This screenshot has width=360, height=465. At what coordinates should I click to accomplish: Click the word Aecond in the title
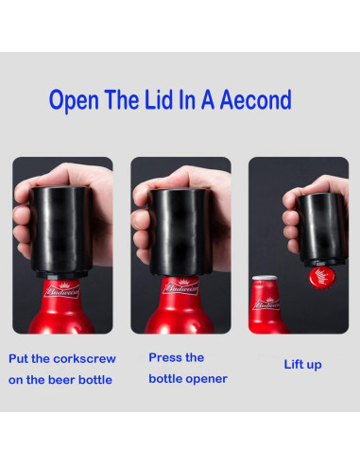(255, 99)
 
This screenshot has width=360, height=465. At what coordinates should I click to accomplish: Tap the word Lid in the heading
(159, 99)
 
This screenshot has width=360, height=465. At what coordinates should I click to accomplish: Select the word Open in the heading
(74, 101)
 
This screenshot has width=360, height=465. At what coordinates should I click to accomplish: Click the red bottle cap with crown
(321, 278)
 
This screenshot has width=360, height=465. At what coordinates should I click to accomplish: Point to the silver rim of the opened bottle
(265, 278)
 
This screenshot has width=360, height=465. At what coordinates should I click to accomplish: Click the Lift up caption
(302, 365)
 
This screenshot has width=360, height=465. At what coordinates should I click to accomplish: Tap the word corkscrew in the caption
(84, 359)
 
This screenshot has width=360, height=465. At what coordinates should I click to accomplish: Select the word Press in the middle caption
(164, 357)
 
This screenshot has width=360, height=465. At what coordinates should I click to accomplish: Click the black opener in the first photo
(62, 232)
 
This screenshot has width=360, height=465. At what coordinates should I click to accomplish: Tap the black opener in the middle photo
(180, 232)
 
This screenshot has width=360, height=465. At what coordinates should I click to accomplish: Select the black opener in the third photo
(322, 230)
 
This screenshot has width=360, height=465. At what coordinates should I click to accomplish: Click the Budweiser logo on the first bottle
(62, 291)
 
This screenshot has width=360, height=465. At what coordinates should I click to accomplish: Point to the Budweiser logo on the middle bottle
(180, 287)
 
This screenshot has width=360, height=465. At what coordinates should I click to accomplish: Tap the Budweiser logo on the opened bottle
(266, 304)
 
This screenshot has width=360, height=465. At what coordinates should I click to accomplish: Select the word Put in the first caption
(19, 359)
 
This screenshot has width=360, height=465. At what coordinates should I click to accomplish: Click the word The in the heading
(122, 99)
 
